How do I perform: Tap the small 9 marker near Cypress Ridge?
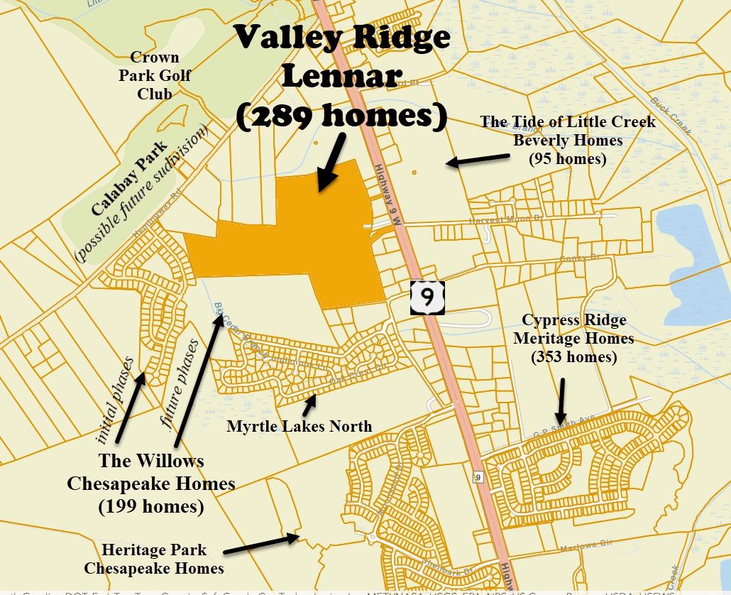[x=478, y=477]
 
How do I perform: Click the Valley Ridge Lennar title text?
[x=343, y=56]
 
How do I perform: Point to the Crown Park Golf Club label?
[x=155, y=75]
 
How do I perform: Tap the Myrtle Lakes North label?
[x=299, y=426]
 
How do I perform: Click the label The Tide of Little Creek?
[x=568, y=122]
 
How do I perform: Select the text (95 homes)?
[x=567, y=159]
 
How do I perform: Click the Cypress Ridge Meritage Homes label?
[x=573, y=329]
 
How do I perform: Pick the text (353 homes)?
[x=573, y=356]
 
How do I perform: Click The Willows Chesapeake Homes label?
[x=151, y=472]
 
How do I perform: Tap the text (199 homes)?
[x=151, y=507]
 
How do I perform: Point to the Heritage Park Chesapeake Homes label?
[x=154, y=559]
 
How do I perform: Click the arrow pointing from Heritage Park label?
[x=261, y=544]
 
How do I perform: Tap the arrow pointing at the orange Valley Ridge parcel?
[x=331, y=165]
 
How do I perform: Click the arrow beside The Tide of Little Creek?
[x=476, y=160]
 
